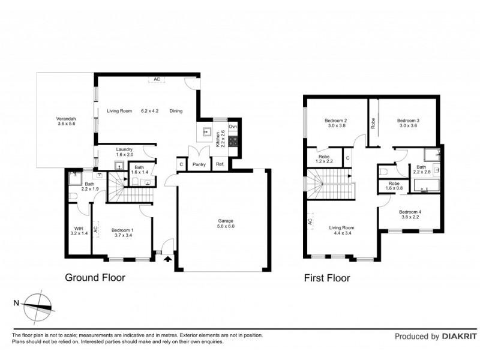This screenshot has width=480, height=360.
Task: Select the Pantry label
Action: coord(198,164)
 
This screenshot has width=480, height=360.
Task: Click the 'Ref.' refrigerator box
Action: coord(220,164)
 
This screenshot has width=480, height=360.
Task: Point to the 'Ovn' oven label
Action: coord(233,127)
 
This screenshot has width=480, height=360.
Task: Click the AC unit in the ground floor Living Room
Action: coord(157,79)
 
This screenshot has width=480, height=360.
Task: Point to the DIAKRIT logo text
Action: coord(456,337)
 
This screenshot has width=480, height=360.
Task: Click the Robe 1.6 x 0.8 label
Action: coord(394,186)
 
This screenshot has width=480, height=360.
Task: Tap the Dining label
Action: coord(176,111)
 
